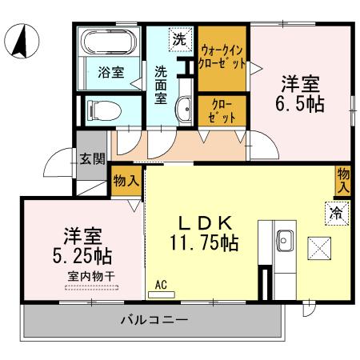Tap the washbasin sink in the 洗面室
[184, 108]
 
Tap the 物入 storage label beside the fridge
[343, 179]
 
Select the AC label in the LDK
[160, 284]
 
